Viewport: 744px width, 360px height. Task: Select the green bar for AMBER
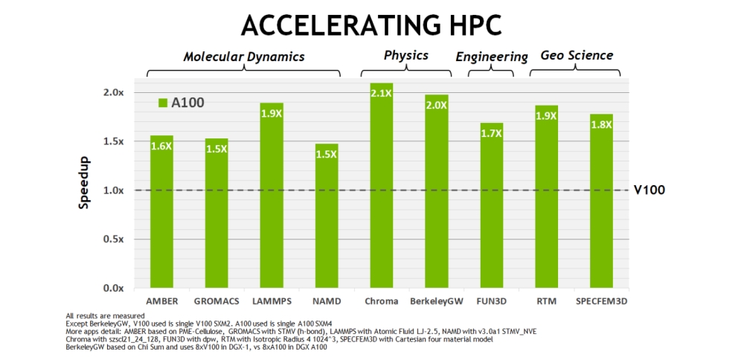(161, 216)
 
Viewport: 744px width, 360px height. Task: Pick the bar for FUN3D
(492, 208)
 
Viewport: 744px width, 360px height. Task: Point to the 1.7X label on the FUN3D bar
(492, 133)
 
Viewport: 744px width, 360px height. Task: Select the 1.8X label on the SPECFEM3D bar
(601, 124)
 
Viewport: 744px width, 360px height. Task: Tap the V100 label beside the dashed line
(650, 190)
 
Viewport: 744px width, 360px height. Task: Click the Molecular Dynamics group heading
(244, 57)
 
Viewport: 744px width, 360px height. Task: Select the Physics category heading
(405, 55)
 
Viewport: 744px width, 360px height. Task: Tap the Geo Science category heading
(576, 55)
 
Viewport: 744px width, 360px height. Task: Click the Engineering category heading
(492, 57)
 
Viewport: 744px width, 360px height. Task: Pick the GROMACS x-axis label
(217, 302)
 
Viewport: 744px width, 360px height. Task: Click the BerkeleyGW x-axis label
(436, 302)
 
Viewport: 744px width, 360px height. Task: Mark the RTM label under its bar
(546, 302)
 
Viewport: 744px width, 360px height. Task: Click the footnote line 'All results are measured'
(105, 315)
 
